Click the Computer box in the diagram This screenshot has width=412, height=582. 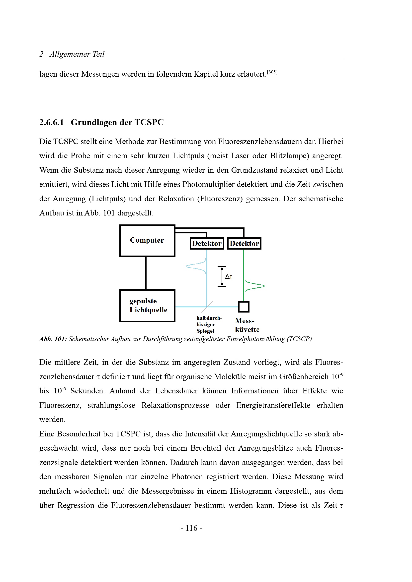click(147, 241)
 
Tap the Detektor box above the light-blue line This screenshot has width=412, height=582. click(207, 243)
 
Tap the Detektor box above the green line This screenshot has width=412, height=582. click(244, 243)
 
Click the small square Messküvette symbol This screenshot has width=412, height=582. click(244, 307)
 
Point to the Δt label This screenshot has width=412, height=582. click(229, 276)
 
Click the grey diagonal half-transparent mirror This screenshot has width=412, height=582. click(208, 307)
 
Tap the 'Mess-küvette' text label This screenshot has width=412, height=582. click(247, 325)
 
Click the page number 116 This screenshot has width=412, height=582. click(191, 528)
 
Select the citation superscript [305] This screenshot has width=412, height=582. click(272, 72)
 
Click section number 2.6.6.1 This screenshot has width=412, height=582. click(52, 122)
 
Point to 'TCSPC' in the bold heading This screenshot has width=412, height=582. click(149, 122)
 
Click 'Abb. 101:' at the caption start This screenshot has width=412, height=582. click(53, 339)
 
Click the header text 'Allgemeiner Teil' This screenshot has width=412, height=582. click(77, 54)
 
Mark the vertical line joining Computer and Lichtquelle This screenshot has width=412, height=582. click(146, 273)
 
